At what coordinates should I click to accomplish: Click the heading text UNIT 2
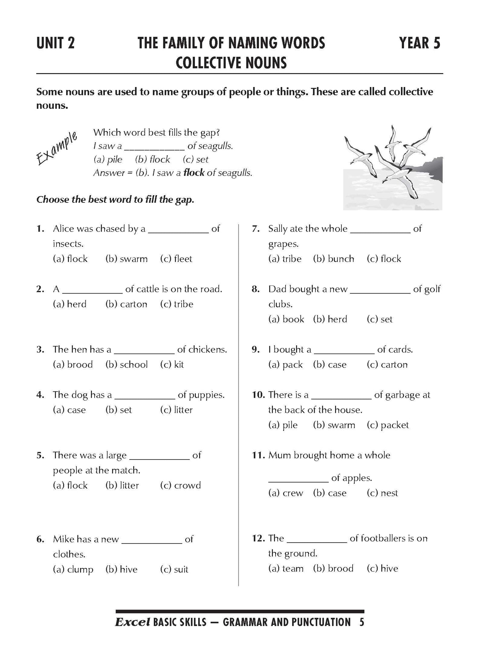pyautogui.click(x=56, y=43)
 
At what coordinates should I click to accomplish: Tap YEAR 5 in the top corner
pyautogui.click(x=420, y=43)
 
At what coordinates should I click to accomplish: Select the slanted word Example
pyautogui.click(x=57, y=148)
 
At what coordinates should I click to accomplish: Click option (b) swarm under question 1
pyautogui.click(x=126, y=259)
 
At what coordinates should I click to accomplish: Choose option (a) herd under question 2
pyautogui.click(x=69, y=304)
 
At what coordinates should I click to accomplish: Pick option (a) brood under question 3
pyautogui.click(x=73, y=365)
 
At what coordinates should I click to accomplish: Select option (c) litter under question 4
pyautogui.click(x=176, y=410)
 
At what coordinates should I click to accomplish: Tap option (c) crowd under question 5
pyautogui.click(x=180, y=485)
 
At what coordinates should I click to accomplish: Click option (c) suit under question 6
pyautogui.click(x=174, y=569)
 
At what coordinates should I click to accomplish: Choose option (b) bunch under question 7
pyautogui.click(x=333, y=259)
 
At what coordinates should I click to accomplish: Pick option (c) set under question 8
pyautogui.click(x=379, y=319)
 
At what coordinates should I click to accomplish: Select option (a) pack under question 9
pyautogui.click(x=285, y=365)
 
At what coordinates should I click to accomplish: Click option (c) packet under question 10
pyautogui.click(x=388, y=425)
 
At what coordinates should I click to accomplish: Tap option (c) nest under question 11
pyautogui.click(x=382, y=493)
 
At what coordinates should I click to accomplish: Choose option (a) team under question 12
pyautogui.click(x=285, y=568)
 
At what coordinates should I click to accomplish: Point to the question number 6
pyautogui.click(x=39, y=539)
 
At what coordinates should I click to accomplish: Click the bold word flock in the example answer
pyautogui.click(x=194, y=172)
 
